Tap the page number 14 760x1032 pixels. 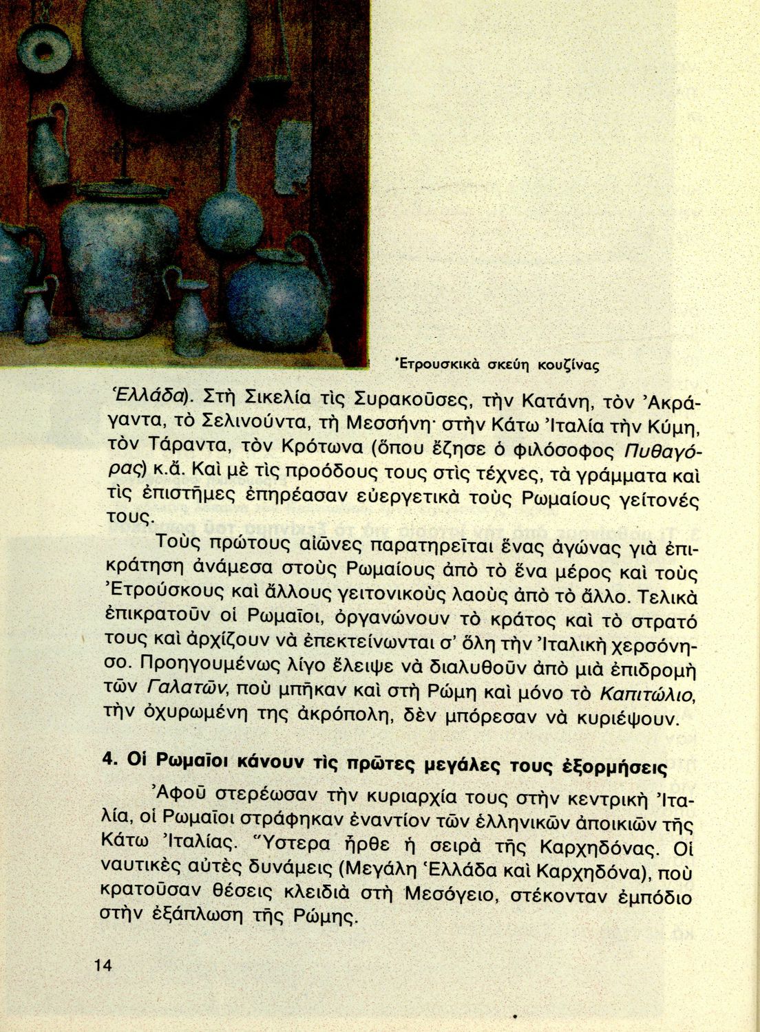tap(103, 965)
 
